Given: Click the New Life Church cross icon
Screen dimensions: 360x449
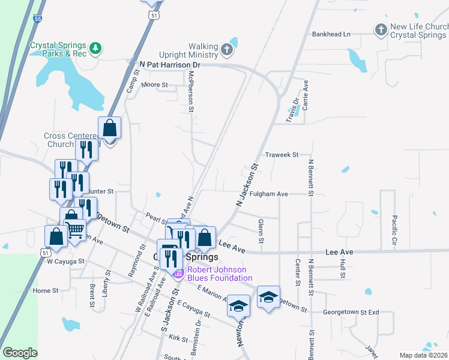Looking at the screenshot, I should coord(381,29).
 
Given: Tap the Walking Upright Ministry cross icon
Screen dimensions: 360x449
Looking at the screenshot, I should coord(227,49).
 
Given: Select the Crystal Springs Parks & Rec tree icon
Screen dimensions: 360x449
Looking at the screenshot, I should coord(95,48).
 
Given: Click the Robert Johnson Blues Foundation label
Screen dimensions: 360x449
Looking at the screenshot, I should coord(220,274).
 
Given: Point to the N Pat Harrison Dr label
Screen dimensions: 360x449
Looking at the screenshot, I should coord(169,64).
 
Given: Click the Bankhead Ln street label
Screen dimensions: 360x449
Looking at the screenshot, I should coord(331,34).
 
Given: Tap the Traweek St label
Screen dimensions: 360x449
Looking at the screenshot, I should coord(282,155).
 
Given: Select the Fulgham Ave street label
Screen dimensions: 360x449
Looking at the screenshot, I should coord(270,194).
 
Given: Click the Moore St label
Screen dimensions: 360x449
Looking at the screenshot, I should coord(154,85).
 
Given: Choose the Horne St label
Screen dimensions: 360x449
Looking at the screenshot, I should coord(46,290).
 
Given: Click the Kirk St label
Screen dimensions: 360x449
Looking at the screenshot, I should coord(178,338).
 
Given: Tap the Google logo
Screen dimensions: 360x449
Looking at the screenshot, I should coord(20,353).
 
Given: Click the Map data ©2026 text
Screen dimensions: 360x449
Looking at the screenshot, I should coord(424,355).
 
